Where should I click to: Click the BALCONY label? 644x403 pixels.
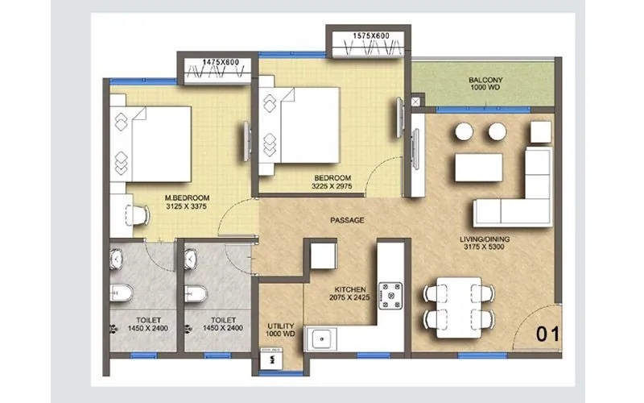tap(485, 80)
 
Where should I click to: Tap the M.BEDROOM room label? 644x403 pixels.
tap(187, 197)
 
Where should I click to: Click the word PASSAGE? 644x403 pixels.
tap(347, 219)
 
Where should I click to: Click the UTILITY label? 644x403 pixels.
tap(281, 326)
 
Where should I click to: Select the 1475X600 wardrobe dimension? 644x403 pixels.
tap(221, 61)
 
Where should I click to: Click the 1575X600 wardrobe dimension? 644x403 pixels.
tap(371, 35)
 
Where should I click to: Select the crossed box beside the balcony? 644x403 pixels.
tap(415, 102)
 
